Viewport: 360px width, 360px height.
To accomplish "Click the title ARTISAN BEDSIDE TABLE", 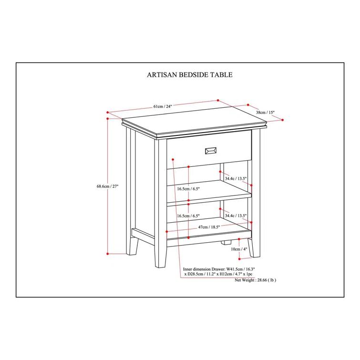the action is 190,75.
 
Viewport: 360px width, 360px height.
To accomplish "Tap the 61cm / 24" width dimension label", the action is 163,106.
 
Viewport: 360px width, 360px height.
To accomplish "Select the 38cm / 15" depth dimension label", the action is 265,112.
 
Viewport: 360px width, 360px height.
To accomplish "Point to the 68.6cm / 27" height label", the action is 107,186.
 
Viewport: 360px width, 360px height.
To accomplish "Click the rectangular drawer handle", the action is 211,151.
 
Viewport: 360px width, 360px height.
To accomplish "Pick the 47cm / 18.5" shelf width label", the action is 209,227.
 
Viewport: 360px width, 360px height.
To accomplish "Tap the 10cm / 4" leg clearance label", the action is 239,249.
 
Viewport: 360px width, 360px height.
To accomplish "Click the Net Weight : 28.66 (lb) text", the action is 255,280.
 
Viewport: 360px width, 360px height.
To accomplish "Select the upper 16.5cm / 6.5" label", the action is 188,189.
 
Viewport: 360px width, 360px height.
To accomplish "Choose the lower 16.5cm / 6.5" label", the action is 188,216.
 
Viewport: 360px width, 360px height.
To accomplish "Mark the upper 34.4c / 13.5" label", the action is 236,178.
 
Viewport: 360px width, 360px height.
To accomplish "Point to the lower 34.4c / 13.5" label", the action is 236,216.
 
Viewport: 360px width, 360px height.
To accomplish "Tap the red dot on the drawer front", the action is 173,159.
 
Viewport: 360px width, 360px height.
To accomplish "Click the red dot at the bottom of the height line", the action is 107,254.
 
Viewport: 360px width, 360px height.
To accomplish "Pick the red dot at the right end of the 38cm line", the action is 282,120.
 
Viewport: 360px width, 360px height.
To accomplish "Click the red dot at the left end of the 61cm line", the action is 107,112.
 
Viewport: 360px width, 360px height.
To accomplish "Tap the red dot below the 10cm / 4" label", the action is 239,259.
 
